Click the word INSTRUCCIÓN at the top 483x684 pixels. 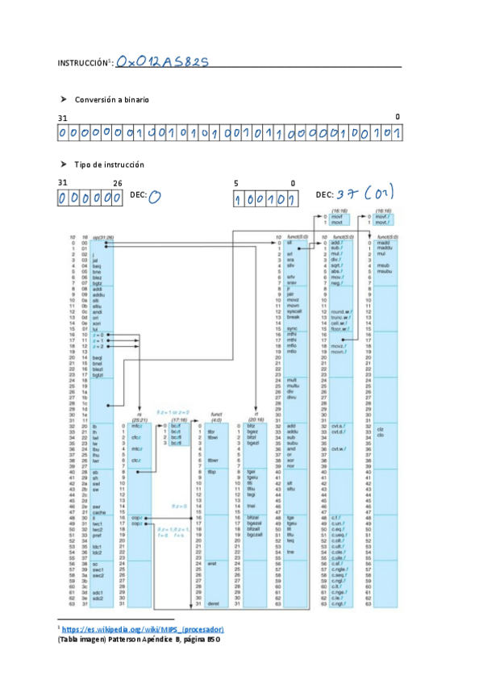81,63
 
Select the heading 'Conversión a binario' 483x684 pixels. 112,99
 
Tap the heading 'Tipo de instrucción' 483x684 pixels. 109,165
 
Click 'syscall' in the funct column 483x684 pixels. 294,311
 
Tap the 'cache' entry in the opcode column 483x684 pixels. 99,512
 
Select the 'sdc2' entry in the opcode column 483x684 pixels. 98,598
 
